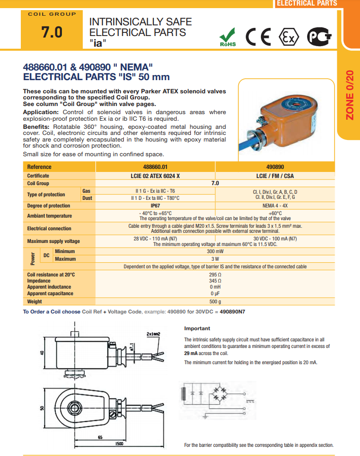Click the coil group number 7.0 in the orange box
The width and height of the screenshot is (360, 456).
[52, 32]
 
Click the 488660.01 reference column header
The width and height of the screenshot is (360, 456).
[155, 167]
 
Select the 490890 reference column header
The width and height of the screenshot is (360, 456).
[275, 167]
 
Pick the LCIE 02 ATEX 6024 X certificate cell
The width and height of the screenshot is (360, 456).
[155, 176]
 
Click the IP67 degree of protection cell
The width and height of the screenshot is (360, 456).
[155, 205]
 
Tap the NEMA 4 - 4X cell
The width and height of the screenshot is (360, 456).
[275, 205]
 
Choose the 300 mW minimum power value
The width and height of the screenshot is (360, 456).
[215, 251]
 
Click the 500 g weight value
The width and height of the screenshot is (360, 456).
[215, 301]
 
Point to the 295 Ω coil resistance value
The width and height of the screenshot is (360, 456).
[215, 274]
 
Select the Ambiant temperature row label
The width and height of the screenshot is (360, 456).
[49, 216]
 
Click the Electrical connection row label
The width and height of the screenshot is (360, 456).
[49, 228]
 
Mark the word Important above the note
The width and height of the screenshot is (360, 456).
[197, 328]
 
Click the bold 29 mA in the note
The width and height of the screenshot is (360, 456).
[191, 353]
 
